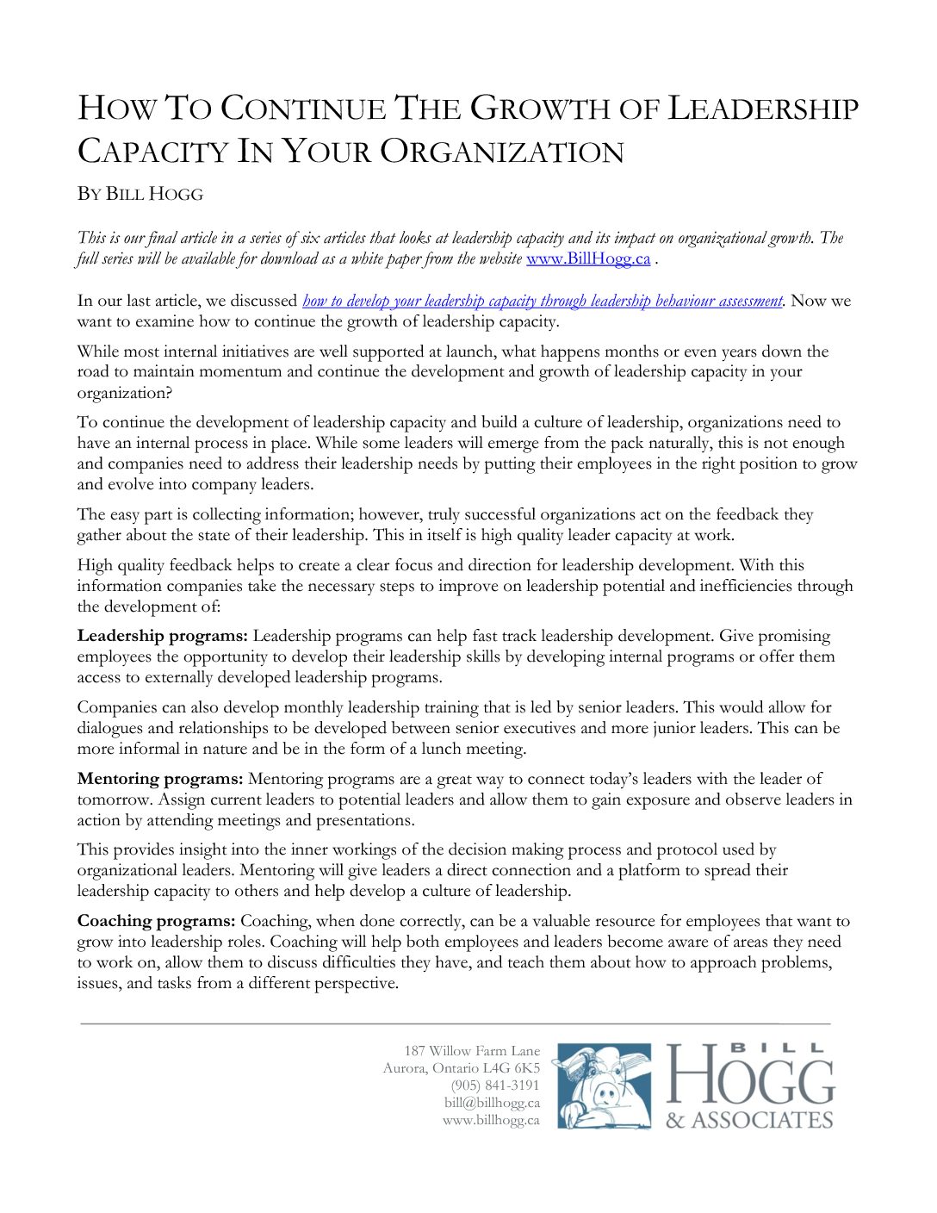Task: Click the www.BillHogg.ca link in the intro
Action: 587,258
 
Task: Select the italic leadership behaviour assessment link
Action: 543,301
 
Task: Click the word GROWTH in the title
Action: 563,109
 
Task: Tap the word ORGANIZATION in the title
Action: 502,152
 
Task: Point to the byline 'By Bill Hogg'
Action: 140,194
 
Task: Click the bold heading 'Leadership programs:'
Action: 163,636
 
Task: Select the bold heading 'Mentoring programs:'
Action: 160,779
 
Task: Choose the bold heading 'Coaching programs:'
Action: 156,921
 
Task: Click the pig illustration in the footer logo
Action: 602,1085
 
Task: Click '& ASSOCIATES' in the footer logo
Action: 749,1120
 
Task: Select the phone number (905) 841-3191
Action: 495,1085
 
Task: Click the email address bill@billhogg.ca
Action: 492,1103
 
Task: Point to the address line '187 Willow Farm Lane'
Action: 472,1051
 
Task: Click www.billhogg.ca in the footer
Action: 491,1120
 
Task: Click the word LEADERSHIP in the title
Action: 763,109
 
